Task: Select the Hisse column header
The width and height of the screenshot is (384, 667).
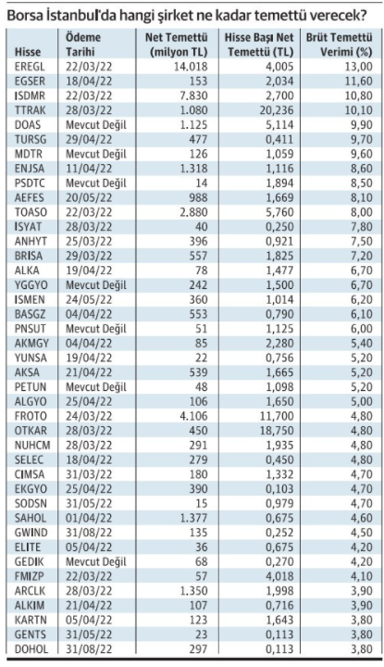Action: [x=28, y=52]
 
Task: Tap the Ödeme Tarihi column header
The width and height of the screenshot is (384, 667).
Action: [x=83, y=44]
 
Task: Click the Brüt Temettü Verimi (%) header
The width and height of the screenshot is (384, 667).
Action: [x=340, y=44]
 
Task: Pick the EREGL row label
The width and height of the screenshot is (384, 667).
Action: [x=30, y=67]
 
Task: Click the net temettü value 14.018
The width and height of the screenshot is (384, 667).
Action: [x=191, y=67]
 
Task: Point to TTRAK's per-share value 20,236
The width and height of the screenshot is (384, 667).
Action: [x=276, y=110]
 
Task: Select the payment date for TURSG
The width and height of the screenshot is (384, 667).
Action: [x=89, y=139]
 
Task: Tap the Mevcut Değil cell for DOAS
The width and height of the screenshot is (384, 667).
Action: [x=96, y=125]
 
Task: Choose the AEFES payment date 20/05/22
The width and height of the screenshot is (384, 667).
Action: [x=89, y=197]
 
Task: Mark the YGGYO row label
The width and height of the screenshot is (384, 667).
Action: [x=31, y=285]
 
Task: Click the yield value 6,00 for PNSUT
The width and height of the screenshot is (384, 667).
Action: [x=360, y=329]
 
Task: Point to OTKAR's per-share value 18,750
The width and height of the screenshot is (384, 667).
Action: [x=276, y=431]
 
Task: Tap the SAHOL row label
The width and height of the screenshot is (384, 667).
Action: [x=31, y=518]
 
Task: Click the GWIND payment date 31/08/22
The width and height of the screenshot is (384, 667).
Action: [x=89, y=533]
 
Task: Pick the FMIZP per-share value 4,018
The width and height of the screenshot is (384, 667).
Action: [x=279, y=576]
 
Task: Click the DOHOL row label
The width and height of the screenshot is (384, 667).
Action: [x=31, y=649]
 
